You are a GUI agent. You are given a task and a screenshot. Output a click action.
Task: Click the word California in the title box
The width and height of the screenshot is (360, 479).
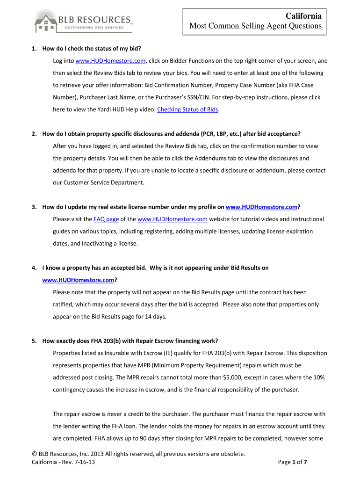[x=303, y=16]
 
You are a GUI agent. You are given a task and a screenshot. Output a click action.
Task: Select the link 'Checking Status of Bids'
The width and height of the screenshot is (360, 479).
[x=187, y=110]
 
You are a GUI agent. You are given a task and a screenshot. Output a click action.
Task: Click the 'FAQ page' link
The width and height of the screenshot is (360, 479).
[x=106, y=219]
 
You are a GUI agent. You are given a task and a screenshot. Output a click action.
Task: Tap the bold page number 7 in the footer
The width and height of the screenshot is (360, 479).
[x=305, y=462]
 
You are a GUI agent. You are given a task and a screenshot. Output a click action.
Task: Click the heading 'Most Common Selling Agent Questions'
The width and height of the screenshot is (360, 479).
[x=255, y=26]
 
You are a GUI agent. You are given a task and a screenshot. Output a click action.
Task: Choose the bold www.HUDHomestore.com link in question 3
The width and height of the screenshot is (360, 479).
[x=261, y=207]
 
